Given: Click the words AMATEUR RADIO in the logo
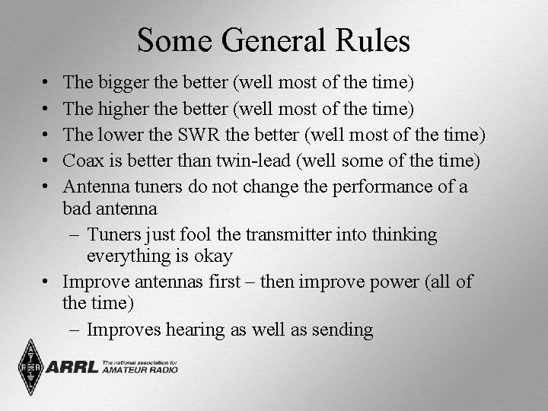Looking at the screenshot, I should tap(139, 371).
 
